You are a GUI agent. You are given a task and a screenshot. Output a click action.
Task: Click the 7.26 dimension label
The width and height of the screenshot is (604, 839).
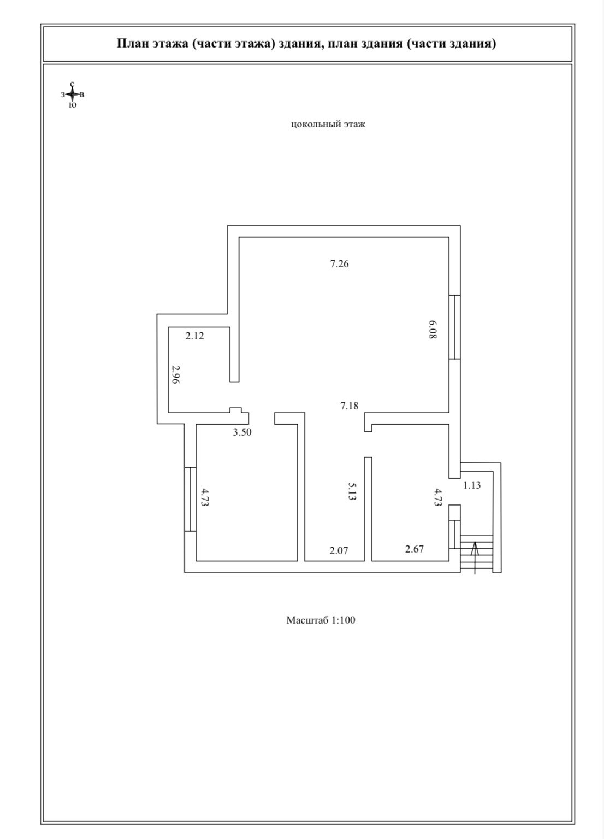(339, 264)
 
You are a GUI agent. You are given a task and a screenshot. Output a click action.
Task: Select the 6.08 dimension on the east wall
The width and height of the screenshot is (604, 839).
(433, 330)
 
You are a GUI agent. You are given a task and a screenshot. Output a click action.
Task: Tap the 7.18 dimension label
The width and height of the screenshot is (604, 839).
(349, 406)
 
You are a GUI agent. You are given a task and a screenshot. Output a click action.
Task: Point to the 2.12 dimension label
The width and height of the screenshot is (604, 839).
(194, 336)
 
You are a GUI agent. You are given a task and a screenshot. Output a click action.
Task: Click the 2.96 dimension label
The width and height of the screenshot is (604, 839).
(175, 376)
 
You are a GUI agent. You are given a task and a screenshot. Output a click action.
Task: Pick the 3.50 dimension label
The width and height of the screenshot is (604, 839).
(242, 432)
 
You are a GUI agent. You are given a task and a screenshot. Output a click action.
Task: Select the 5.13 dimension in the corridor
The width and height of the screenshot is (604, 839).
(352, 491)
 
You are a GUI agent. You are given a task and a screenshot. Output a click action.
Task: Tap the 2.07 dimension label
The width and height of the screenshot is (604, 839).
(339, 550)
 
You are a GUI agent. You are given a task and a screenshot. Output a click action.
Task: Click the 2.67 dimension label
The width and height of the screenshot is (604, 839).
(414, 549)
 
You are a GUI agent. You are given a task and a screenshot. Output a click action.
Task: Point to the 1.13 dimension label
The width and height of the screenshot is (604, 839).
(472, 485)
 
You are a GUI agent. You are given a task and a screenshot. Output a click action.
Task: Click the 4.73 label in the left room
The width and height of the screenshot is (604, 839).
(205, 498)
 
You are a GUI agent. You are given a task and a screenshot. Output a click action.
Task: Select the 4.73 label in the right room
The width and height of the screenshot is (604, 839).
(437, 498)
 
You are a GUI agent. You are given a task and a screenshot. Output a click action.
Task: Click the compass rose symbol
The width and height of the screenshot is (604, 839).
(72, 95)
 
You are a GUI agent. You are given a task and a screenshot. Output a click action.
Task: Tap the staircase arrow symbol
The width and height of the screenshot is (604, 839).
(475, 555)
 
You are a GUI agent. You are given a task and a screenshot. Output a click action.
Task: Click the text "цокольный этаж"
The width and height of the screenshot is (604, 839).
(328, 124)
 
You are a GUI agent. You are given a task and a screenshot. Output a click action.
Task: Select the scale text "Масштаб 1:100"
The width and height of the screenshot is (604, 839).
(321, 620)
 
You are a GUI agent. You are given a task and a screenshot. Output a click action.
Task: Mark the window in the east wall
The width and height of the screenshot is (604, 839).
(455, 327)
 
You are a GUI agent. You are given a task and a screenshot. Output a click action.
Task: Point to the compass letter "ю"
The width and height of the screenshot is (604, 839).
(73, 105)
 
